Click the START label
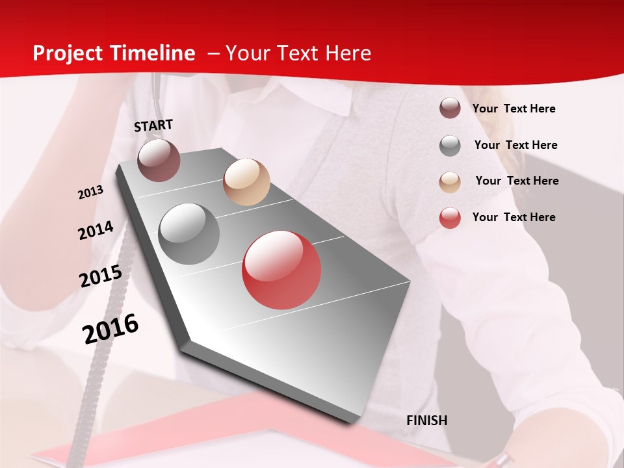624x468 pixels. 153,125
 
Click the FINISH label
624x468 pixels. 426,421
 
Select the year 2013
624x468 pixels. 90,192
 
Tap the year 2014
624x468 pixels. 96,231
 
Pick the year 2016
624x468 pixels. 110,329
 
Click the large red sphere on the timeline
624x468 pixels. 281,270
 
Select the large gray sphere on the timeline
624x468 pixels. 189,234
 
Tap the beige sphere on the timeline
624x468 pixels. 246,182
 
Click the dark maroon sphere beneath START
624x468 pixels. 159,160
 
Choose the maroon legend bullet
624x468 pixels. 450,109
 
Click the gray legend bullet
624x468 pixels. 450,145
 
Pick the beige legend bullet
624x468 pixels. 450,181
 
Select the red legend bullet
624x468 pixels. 450,218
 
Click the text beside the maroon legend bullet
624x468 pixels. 513,109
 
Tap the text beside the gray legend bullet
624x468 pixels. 515,145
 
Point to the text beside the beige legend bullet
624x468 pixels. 517,181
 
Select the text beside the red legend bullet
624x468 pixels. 513,217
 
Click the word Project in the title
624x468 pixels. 66,53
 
